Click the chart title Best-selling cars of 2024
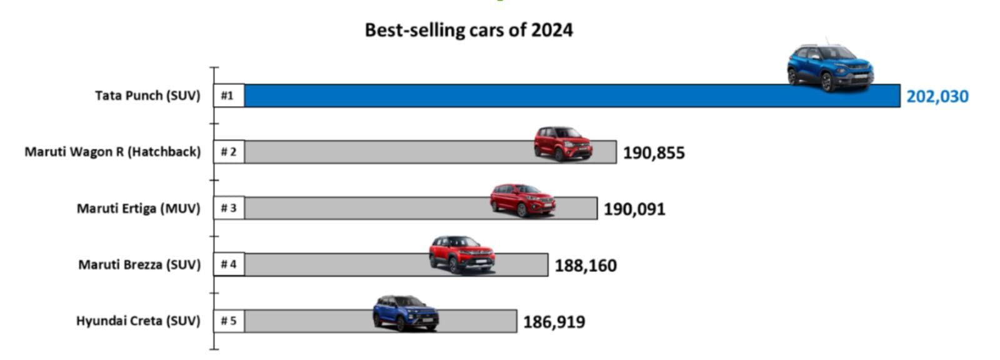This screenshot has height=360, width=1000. [469, 30]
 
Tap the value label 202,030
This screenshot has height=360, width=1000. [937, 96]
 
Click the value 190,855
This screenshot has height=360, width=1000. [653, 152]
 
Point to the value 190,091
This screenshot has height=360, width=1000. [634, 209]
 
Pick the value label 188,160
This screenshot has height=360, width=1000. [585, 265]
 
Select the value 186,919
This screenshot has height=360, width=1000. [554, 322]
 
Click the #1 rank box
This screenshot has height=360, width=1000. [228, 96]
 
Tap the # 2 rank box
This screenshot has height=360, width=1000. [228, 152]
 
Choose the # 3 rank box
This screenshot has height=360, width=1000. [228, 208]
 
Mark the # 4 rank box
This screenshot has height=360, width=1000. [228, 264]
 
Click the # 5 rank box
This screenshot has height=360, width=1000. [228, 321]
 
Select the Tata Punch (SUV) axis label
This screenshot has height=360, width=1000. [147, 96]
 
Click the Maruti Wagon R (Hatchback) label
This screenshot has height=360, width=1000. [112, 152]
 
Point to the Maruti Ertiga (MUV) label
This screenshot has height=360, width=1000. [138, 208]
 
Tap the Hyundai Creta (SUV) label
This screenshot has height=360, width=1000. [138, 321]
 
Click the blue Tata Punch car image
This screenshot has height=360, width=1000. [830, 67]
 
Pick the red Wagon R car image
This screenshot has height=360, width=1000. [562, 143]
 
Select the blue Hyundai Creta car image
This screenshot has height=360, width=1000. [406, 313]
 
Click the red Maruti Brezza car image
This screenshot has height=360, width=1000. [462, 254]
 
